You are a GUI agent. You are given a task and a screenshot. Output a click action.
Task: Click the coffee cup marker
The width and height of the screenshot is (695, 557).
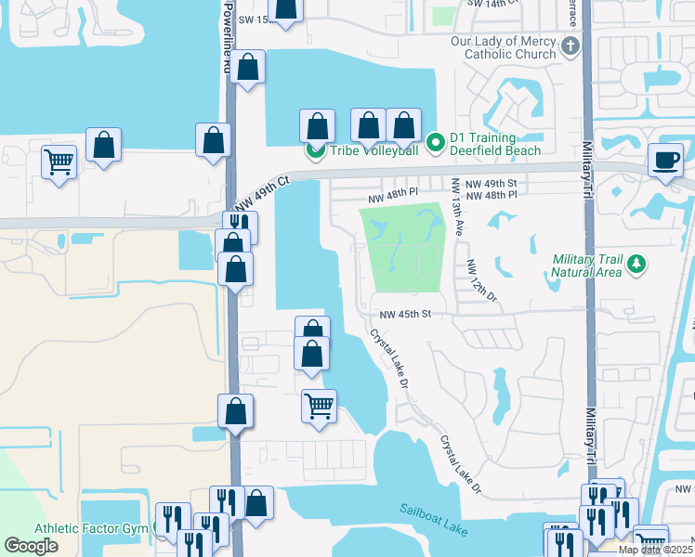click(665, 160)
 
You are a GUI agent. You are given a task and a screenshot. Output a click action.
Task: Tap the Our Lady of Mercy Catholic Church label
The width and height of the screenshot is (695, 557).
click(504, 48)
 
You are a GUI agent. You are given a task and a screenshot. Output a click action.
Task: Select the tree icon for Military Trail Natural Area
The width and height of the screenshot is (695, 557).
click(636, 266)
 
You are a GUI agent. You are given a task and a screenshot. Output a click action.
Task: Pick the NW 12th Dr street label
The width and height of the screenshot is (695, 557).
click(482, 280)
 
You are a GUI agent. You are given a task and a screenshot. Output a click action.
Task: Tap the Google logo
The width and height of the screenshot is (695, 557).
click(31, 546)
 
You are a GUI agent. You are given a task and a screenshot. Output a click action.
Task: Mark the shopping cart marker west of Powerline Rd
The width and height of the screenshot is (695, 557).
click(59, 162)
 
